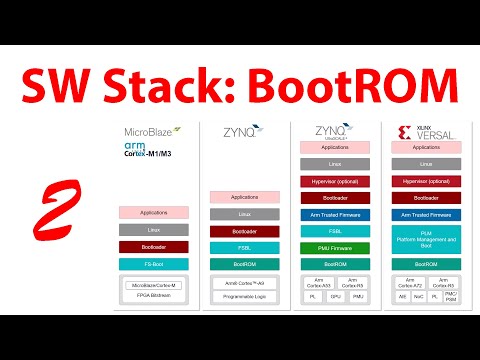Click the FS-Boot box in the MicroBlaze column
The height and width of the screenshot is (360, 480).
point(153,263)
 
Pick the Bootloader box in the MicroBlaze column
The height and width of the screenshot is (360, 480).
point(153,246)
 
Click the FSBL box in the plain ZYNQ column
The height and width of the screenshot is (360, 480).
point(245,246)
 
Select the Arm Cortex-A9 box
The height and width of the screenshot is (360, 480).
point(245,283)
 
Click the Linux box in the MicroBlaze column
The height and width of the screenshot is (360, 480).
point(153,229)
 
